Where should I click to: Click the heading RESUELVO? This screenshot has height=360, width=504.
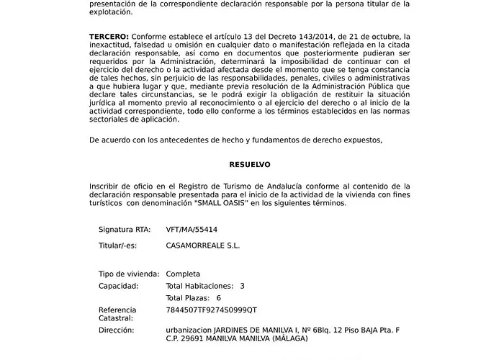[x=250, y=165]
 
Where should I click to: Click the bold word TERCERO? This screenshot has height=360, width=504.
[x=109, y=36]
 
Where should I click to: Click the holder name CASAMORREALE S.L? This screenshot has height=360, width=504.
[x=203, y=246]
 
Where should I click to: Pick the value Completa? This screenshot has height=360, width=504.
[x=183, y=274]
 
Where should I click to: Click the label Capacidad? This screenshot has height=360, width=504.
[x=118, y=286]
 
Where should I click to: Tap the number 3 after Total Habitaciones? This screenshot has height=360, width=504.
[x=242, y=286]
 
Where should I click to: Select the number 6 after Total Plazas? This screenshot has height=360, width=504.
[x=218, y=297]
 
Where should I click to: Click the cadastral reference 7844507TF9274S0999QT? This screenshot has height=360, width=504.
[x=211, y=310]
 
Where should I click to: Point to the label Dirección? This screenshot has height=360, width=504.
[x=116, y=330]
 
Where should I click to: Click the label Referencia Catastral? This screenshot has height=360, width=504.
[x=117, y=313]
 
